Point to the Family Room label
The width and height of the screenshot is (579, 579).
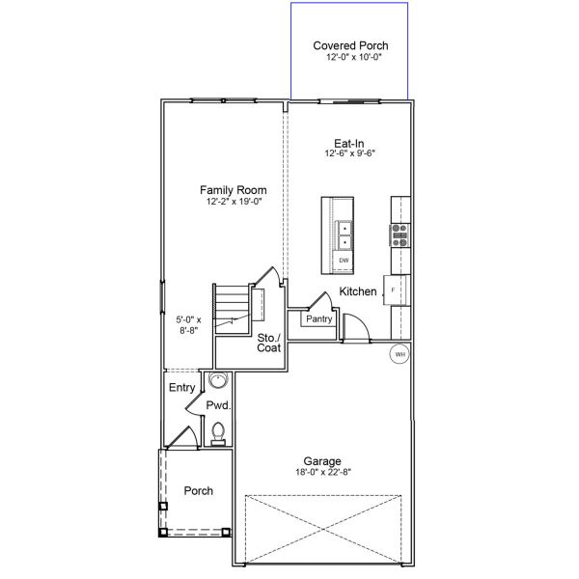(x=234, y=190)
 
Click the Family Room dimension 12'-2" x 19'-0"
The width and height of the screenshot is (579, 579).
(x=234, y=203)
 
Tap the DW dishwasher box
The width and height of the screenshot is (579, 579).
(x=344, y=261)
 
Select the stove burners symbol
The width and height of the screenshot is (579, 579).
(x=400, y=235)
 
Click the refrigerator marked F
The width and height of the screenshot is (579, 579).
(x=395, y=289)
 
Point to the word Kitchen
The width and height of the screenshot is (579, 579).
(x=358, y=291)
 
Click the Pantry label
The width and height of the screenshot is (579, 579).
(x=319, y=318)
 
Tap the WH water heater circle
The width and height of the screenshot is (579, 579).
(x=400, y=355)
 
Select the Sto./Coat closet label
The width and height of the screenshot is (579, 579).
(x=268, y=343)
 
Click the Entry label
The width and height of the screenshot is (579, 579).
(x=181, y=388)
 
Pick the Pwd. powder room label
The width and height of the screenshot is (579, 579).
(x=217, y=405)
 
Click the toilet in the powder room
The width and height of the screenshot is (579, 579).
(x=218, y=432)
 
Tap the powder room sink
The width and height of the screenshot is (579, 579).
(x=217, y=380)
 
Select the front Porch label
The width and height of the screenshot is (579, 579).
(x=199, y=491)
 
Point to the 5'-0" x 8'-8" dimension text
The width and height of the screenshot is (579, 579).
(x=189, y=323)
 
